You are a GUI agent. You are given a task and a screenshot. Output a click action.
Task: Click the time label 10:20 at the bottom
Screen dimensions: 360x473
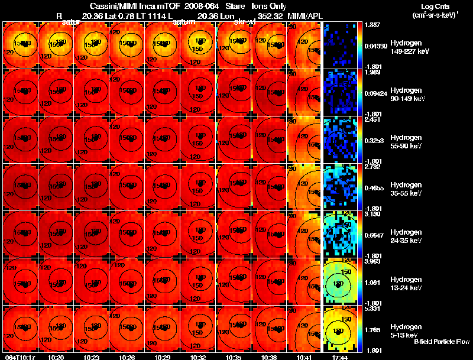pyautogui.click(x=56, y=357)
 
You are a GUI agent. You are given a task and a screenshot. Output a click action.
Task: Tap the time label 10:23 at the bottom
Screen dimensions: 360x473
pyautogui.click(x=92, y=357)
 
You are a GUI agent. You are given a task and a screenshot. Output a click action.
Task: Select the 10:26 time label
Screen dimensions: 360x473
pyautogui.click(x=127, y=357)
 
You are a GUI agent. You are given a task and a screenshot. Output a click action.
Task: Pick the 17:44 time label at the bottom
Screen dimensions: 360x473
pyautogui.click(x=340, y=357)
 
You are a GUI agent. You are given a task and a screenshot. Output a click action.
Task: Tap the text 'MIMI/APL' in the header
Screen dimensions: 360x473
pyautogui.click(x=302, y=15)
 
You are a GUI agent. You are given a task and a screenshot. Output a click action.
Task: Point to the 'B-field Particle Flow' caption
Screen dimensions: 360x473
pyautogui.click(x=442, y=342)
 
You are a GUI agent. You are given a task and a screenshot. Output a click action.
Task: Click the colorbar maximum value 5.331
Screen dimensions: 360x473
pyautogui.click(x=372, y=308)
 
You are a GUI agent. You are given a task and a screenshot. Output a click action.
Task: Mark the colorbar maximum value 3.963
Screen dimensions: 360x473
pyautogui.click(x=372, y=261)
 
